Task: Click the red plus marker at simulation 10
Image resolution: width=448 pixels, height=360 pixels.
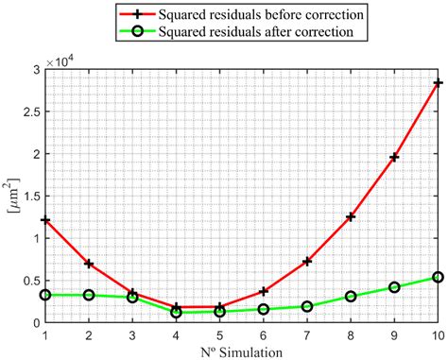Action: (438, 83)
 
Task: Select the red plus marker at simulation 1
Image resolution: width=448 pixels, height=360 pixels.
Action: (45, 219)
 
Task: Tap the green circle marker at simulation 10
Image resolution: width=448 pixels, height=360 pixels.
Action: (438, 277)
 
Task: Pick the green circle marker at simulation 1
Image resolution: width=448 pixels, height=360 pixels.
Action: (45, 295)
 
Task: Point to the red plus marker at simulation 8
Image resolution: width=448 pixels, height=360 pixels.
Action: (351, 216)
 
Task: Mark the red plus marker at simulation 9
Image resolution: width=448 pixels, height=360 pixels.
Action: (394, 157)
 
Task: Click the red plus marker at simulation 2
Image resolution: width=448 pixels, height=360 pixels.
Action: (89, 264)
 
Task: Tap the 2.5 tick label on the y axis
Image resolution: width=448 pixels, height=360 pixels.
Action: (29, 111)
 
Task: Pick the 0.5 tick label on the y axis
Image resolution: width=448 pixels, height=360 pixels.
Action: (29, 281)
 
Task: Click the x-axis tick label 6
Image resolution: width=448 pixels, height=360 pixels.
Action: (264, 334)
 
